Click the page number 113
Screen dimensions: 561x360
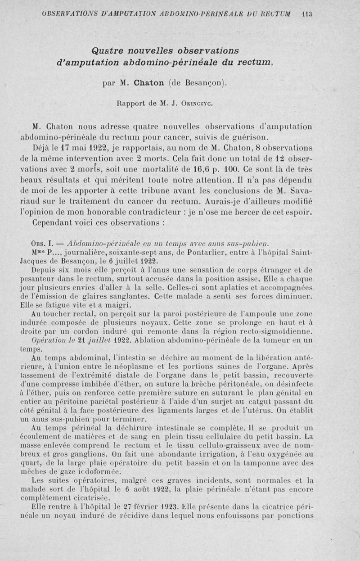click(307, 13)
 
